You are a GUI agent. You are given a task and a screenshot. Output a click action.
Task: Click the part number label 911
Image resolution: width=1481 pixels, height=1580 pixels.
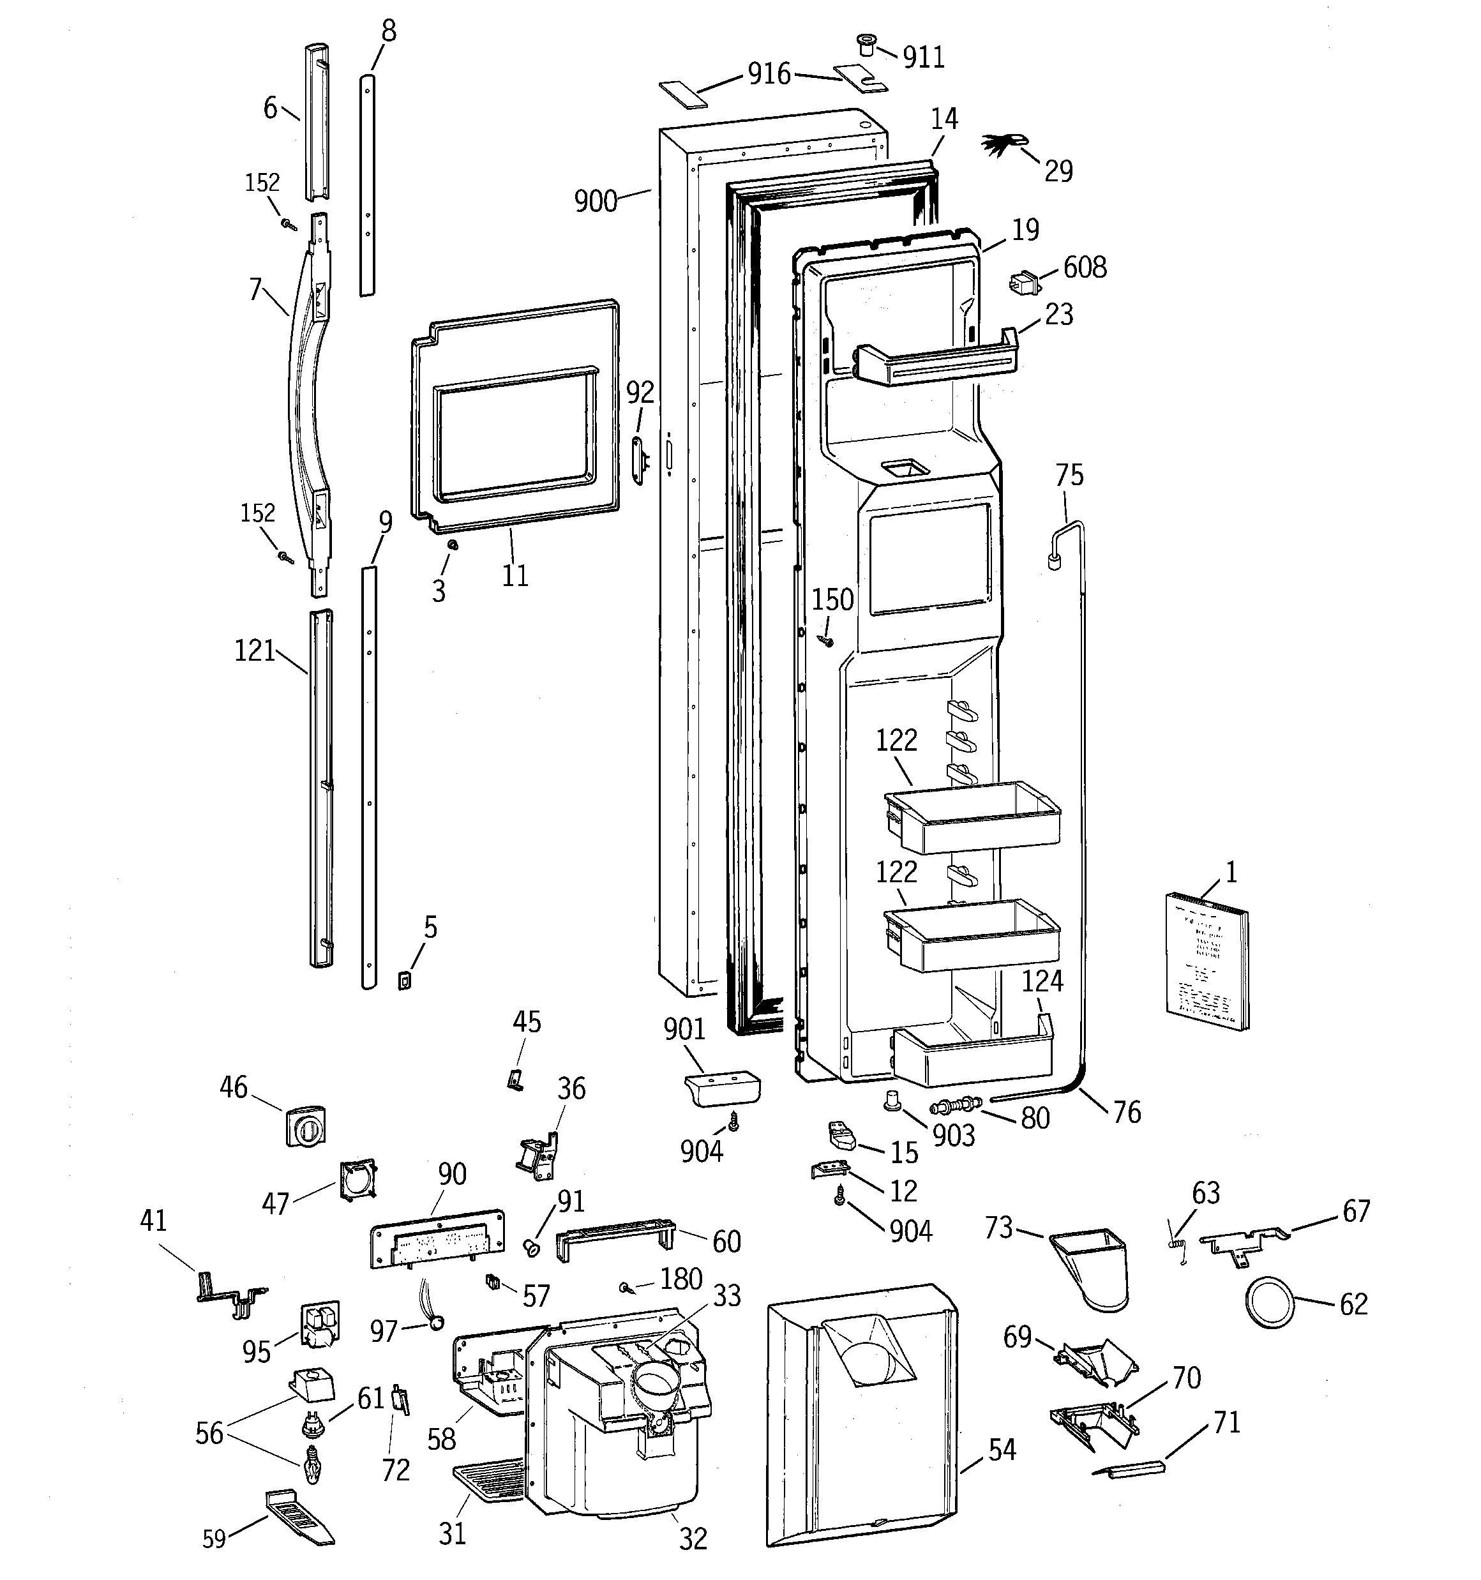pyautogui.click(x=924, y=58)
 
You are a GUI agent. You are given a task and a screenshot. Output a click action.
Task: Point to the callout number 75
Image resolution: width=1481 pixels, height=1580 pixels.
pyautogui.click(x=1069, y=475)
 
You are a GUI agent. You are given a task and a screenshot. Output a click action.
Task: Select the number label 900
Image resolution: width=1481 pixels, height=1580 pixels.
pyautogui.click(x=596, y=201)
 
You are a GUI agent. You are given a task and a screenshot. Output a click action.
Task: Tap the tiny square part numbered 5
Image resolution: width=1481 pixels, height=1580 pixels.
pyautogui.click(x=405, y=982)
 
